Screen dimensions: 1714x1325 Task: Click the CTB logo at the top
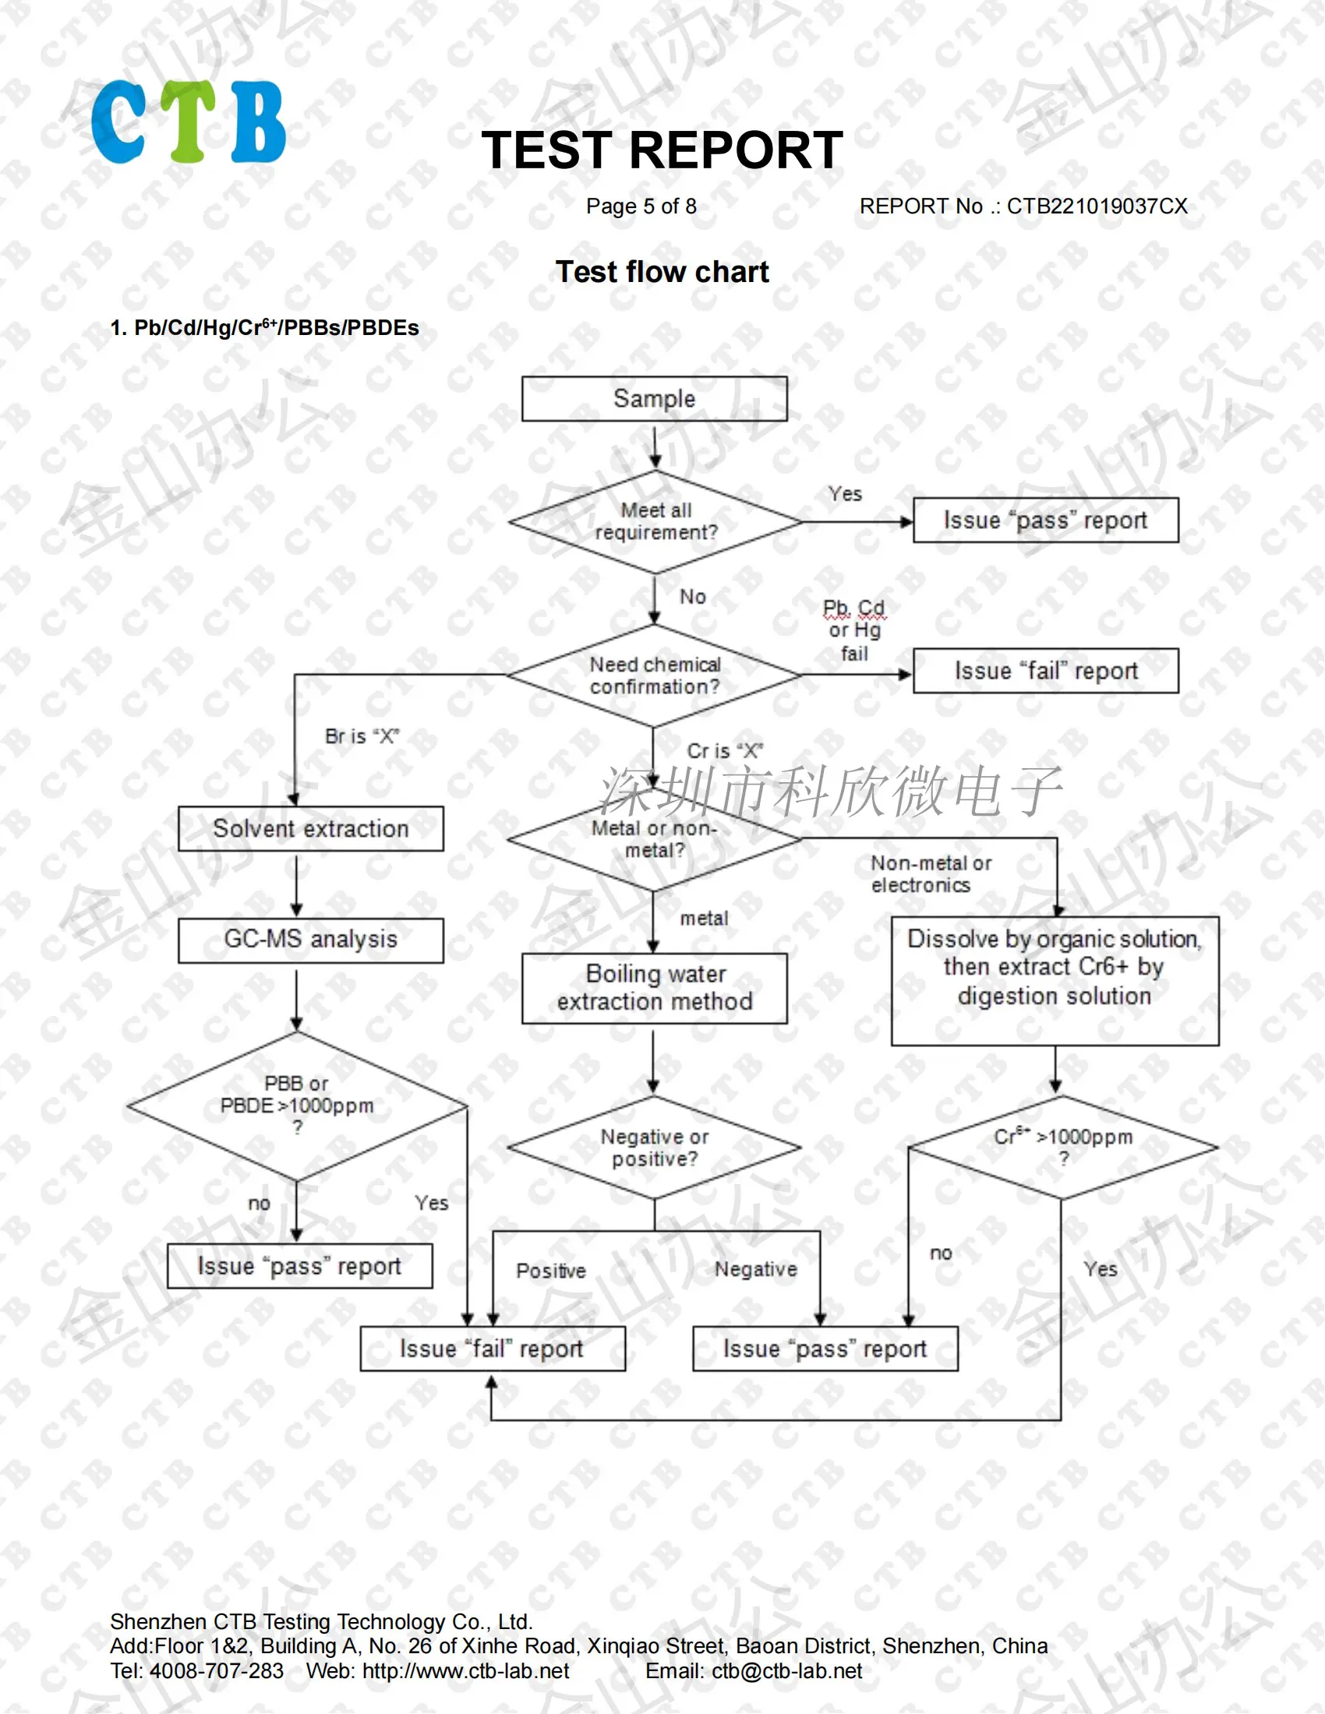(x=189, y=122)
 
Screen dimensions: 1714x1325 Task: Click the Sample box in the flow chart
(x=655, y=399)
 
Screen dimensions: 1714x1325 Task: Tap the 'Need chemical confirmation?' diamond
(x=655, y=675)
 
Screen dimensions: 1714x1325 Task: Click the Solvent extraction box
(x=311, y=829)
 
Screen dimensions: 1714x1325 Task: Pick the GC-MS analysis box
(x=311, y=940)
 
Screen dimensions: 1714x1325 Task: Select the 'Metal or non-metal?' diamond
(x=655, y=839)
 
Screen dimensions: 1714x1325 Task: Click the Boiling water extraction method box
(x=655, y=988)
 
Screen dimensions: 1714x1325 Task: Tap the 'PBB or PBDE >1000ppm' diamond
(x=297, y=1106)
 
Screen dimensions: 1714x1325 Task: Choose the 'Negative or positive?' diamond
(x=655, y=1148)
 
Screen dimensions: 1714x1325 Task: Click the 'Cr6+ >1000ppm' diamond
(x=1063, y=1147)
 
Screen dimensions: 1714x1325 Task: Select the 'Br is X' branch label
(x=362, y=736)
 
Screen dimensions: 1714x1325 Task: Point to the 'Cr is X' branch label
(x=725, y=751)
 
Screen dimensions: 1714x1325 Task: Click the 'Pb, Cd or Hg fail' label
(x=854, y=630)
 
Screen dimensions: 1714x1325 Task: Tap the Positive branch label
(x=551, y=1271)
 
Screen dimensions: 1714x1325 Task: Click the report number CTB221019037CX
(x=1097, y=206)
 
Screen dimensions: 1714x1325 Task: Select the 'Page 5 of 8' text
(x=641, y=206)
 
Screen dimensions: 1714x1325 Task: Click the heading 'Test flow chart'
(x=662, y=272)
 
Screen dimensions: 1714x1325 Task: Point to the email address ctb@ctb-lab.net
(x=786, y=1671)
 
